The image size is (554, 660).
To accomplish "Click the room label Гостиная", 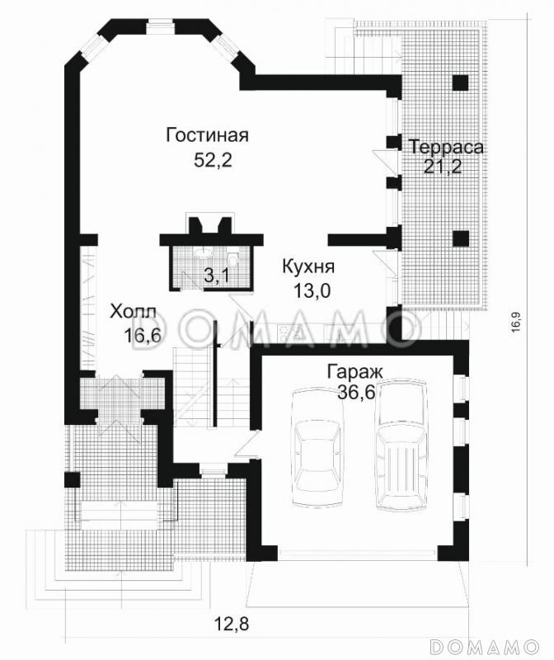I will tap(207, 135).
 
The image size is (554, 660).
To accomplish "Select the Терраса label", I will tap(446, 147).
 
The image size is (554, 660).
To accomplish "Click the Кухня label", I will tap(308, 267).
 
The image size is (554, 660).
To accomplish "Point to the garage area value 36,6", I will tap(356, 393).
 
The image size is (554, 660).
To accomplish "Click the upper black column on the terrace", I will tap(461, 83).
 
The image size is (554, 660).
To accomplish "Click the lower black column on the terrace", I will tap(461, 238).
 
